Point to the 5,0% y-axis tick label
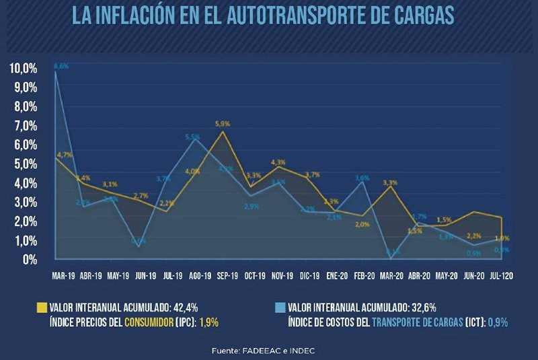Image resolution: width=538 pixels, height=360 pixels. (24, 164)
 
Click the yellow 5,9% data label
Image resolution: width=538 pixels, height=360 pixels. (223, 124)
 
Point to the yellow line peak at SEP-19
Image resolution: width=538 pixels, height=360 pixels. (223, 131)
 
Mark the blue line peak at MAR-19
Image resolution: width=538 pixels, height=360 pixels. (55, 72)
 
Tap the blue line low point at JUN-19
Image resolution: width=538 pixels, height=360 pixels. (139, 247)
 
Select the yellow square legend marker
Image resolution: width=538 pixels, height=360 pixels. (42, 308)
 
